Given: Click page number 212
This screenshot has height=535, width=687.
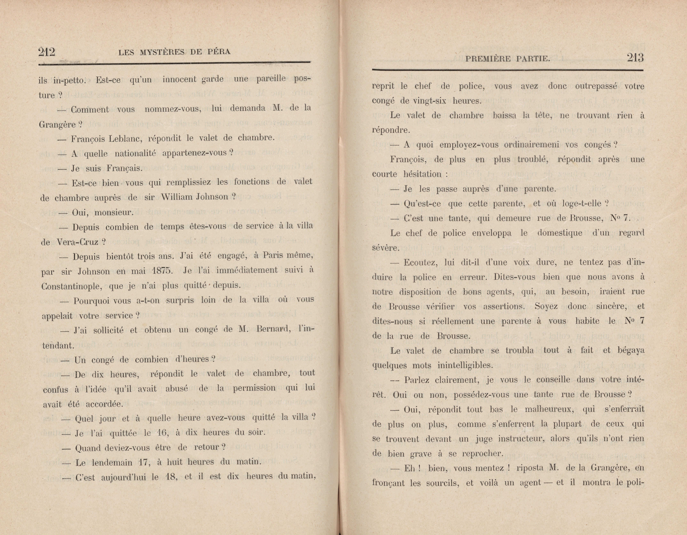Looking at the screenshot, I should tap(47, 52).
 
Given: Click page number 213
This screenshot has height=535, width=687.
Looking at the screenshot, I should tap(635, 58).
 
